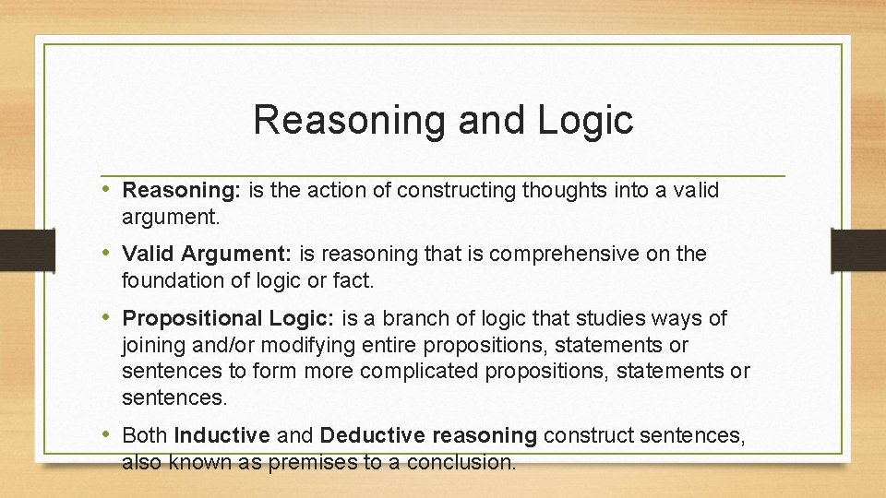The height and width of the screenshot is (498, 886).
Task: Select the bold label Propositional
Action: click(193, 319)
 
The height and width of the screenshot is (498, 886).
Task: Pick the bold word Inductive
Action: click(221, 435)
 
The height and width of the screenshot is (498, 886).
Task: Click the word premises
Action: click(312, 462)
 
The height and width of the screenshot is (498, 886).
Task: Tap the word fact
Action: click(357, 279)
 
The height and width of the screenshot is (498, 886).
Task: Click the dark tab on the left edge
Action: click(27, 249)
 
